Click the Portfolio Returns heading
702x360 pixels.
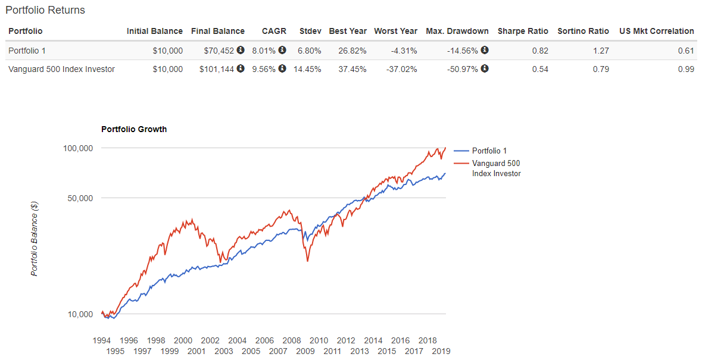(x=45, y=10)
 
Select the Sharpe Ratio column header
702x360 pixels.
(x=523, y=31)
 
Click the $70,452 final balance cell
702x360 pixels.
(x=217, y=51)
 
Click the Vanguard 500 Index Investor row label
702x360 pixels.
(x=62, y=69)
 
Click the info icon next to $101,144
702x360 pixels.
(x=241, y=68)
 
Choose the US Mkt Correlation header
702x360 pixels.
(x=657, y=31)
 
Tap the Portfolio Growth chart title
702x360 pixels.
(x=134, y=129)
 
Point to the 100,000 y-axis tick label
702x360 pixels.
(x=77, y=148)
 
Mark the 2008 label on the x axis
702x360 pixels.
(x=292, y=340)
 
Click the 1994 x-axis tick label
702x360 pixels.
(x=102, y=340)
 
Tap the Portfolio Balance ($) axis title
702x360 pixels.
(x=35, y=238)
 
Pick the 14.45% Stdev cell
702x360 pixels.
(x=307, y=69)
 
